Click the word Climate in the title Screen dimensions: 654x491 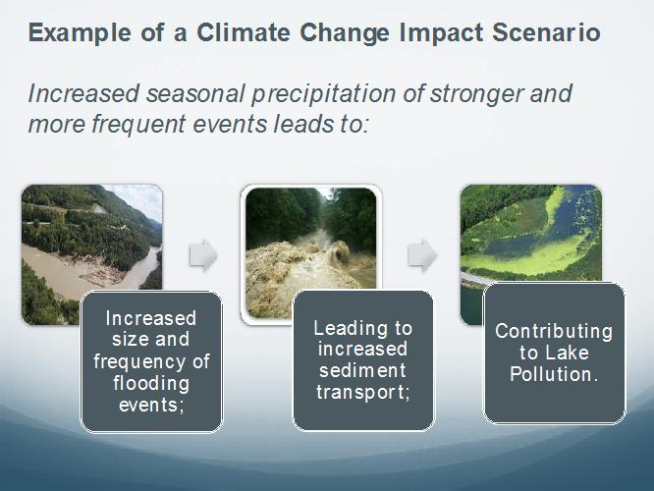click(244, 32)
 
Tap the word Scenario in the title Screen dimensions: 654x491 click(546, 32)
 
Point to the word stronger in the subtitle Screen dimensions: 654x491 click(476, 94)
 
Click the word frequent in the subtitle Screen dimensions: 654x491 click(138, 125)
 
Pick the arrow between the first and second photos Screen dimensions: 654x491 click(203, 255)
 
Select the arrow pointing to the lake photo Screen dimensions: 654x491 click(421, 255)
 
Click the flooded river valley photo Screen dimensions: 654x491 click(91, 254)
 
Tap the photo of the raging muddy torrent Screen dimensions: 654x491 click(310, 252)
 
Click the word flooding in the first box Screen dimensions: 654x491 click(151, 384)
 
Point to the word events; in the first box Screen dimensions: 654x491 click(151, 405)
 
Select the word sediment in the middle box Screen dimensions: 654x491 click(362, 370)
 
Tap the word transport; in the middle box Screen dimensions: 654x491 click(363, 393)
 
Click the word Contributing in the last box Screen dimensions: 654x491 click(554, 332)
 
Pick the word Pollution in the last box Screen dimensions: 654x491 click(551, 374)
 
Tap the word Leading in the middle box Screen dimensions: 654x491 click(346, 329)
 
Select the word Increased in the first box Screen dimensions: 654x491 click(150, 319)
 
